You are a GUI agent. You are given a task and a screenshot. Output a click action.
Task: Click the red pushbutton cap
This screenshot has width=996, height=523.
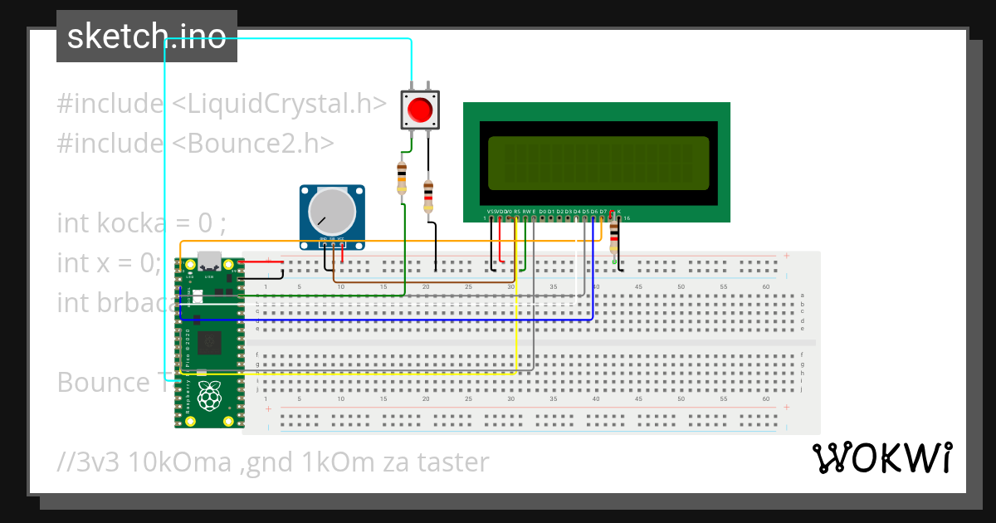[x=420, y=110]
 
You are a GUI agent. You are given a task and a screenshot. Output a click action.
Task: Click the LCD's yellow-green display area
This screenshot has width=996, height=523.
[x=598, y=162]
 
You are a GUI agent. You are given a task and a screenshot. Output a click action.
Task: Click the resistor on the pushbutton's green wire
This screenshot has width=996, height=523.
[x=403, y=178]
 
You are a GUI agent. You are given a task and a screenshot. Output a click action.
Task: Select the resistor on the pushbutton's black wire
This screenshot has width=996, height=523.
[x=428, y=197]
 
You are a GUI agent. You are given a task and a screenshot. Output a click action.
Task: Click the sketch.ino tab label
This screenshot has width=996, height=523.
[x=147, y=37]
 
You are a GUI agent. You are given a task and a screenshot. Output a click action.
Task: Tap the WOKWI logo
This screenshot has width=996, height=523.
[x=881, y=457]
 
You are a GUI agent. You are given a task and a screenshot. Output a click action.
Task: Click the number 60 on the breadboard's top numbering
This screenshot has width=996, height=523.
[x=765, y=286]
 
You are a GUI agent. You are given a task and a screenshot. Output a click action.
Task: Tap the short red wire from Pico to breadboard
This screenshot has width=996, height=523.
[x=264, y=262]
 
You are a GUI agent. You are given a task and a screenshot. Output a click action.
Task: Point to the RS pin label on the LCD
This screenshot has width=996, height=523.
[x=517, y=212]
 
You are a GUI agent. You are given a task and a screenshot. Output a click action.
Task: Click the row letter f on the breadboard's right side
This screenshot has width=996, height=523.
[x=802, y=354]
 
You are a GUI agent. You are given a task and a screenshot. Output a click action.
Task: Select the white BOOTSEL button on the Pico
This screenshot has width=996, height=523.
[x=197, y=296]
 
